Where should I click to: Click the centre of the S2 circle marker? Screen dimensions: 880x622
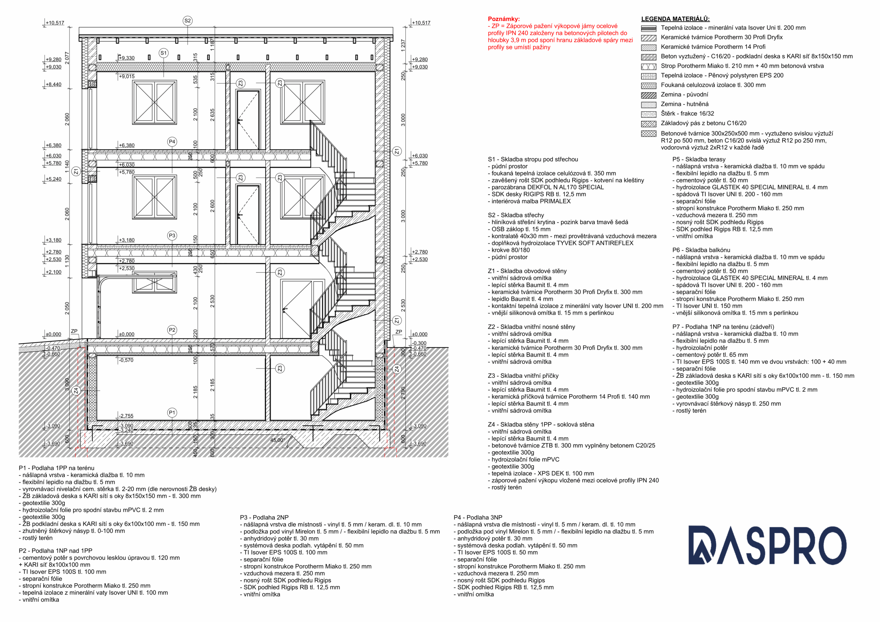[187, 21]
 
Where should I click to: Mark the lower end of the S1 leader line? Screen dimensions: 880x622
[164, 77]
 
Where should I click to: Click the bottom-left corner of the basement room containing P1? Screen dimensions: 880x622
[97, 420]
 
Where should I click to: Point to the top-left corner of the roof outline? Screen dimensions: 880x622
[79, 27]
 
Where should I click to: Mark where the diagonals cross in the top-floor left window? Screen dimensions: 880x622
[154, 102]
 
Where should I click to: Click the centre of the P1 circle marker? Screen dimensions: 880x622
[172, 413]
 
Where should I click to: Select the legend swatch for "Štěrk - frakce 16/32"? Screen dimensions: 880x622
[649, 114]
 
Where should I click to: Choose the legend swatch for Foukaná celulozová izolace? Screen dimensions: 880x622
[649, 86]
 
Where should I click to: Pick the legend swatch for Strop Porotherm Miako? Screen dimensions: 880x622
[649, 66]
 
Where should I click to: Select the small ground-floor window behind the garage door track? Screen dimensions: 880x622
[154, 283]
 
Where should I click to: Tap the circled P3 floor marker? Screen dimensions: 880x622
[172, 236]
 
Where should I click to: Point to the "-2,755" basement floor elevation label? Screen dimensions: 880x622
[126, 416]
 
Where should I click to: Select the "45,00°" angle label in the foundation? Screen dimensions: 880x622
[277, 440]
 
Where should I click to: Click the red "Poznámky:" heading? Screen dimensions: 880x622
[504, 19]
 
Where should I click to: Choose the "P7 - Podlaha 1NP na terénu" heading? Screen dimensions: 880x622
[723, 327]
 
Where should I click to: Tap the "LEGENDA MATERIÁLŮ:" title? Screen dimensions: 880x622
[675, 19]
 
